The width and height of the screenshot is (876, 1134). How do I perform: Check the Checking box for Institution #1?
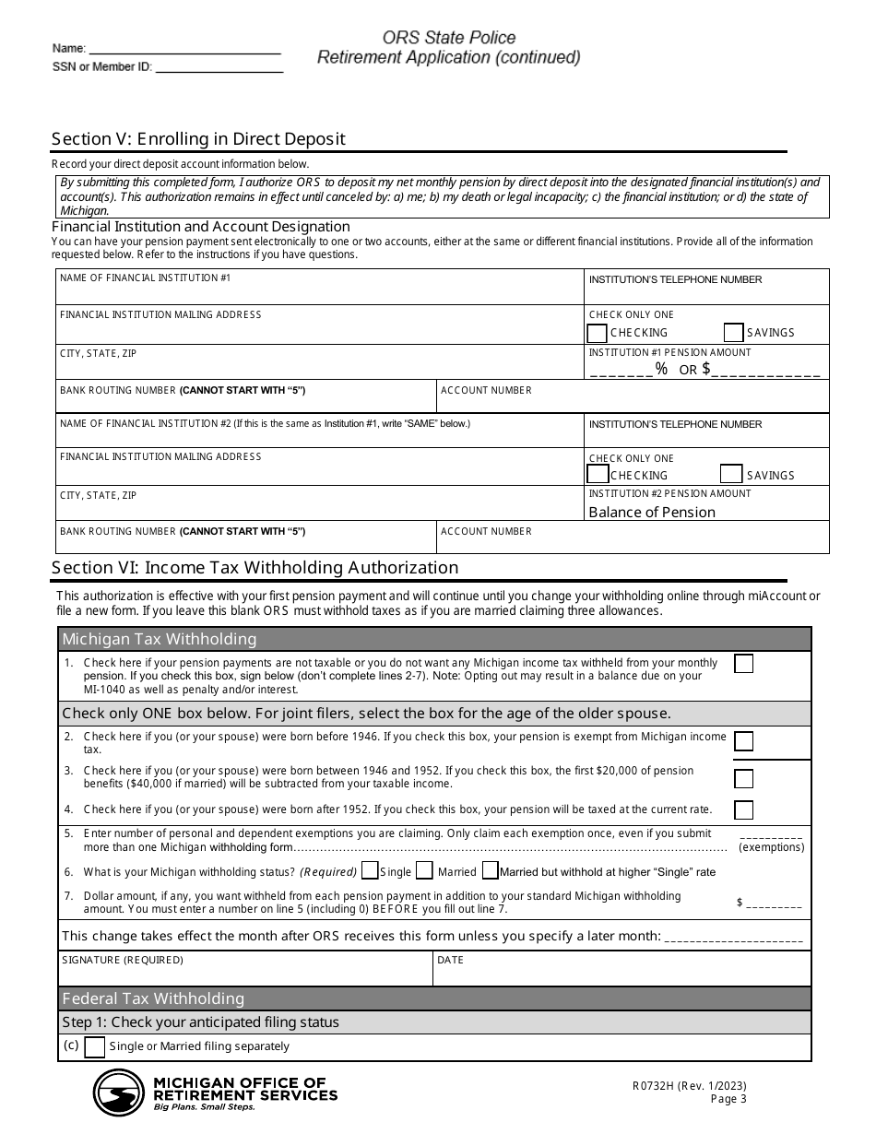tap(598, 333)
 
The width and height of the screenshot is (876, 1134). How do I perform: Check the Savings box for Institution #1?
tap(734, 333)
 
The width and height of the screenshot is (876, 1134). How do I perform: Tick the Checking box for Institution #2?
tap(598, 475)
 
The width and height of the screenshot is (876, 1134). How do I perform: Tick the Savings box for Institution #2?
tap(731, 475)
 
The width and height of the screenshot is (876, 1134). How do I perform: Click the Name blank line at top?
tap(184, 48)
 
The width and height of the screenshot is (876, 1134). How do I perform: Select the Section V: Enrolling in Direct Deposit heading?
tap(198, 139)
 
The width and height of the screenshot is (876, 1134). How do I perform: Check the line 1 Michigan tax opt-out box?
tap(743, 664)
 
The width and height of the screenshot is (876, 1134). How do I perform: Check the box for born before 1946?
tap(743, 741)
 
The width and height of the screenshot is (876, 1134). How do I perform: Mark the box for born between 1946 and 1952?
tap(743, 778)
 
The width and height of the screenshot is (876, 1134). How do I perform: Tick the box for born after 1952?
tap(743, 810)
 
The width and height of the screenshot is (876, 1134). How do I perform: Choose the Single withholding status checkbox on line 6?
tap(370, 870)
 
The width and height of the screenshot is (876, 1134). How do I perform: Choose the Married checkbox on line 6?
tap(424, 870)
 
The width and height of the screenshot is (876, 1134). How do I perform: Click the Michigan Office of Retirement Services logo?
tap(118, 1093)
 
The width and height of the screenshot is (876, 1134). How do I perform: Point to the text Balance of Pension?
tap(652, 513)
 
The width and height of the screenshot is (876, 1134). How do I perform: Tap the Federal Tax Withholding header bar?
tap(435, 998)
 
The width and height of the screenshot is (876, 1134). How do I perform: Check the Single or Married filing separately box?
tap(94, 1047)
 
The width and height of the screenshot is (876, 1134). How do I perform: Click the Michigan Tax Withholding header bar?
tap(435, 640)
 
